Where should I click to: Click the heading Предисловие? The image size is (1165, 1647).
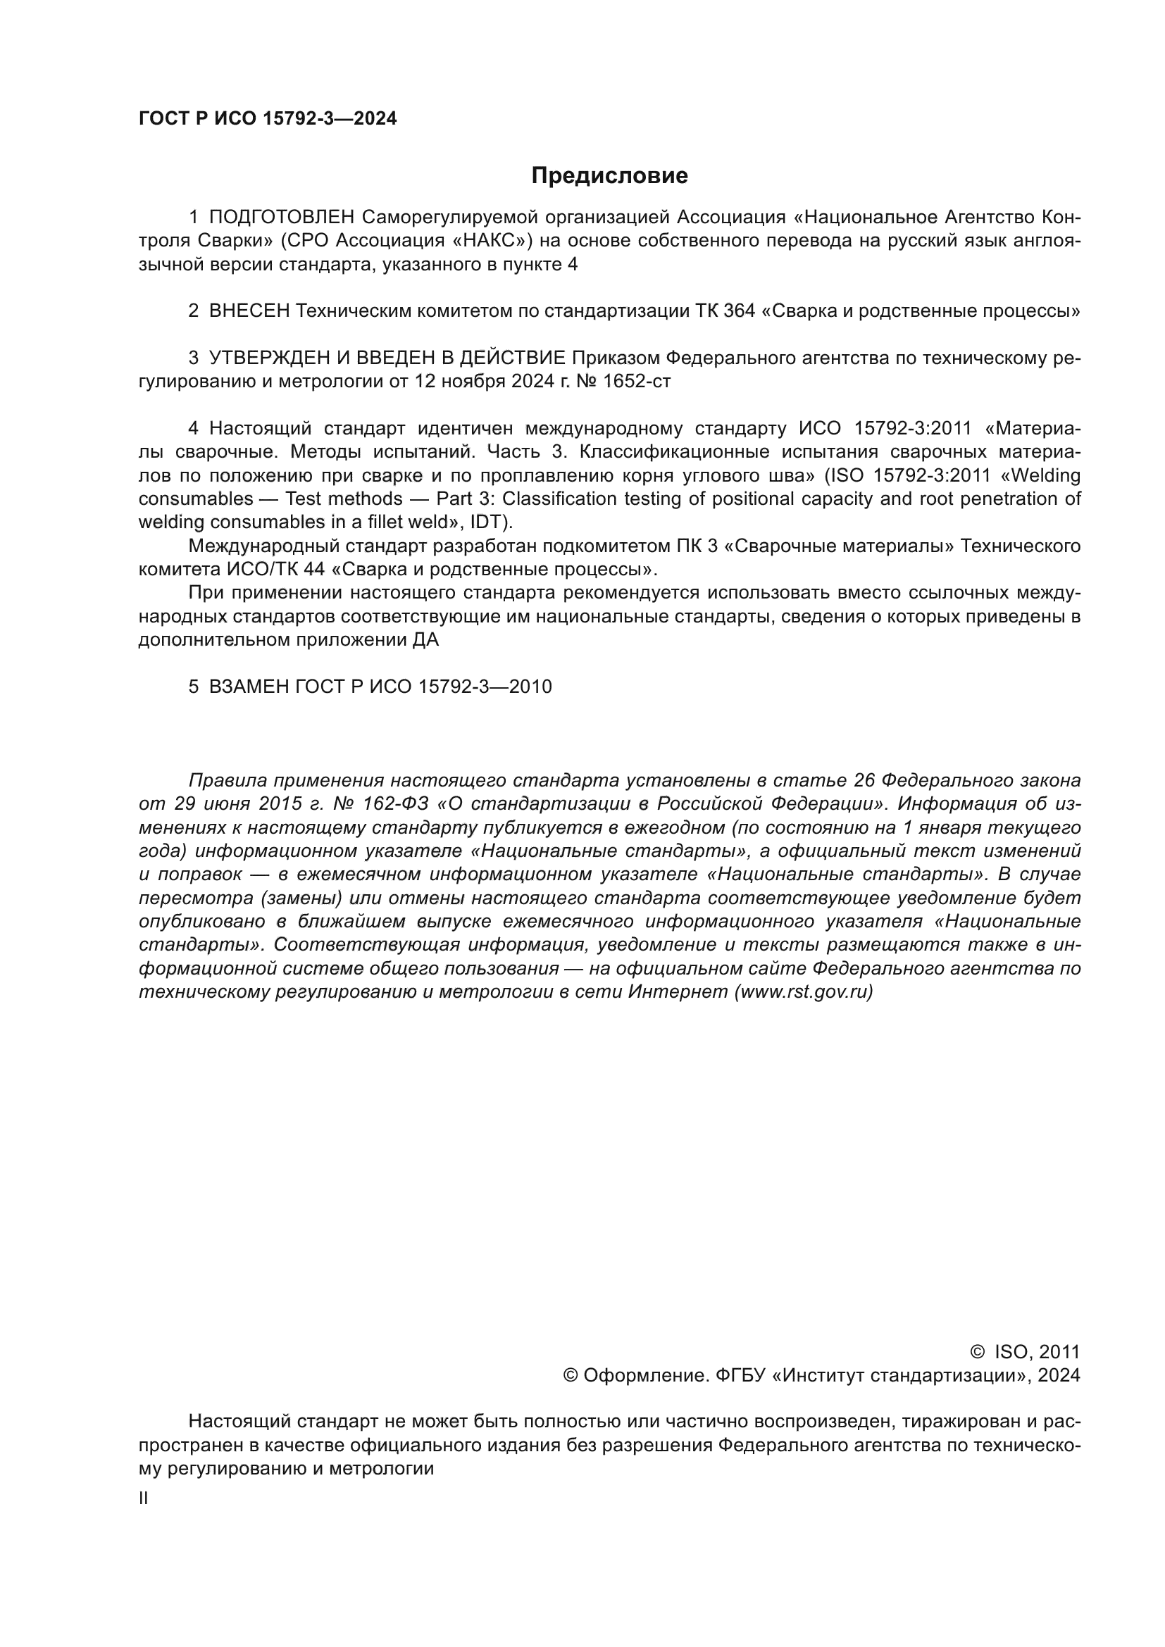pos(609,176)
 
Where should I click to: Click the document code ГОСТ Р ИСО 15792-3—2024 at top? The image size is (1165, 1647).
pos(268,119)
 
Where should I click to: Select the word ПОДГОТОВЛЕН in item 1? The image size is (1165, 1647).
pos(282,218)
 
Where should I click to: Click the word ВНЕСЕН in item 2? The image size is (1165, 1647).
pos(249,311)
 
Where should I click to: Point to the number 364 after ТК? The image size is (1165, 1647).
pos(740,311)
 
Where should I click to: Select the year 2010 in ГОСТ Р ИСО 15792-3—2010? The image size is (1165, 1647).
pos(530,687)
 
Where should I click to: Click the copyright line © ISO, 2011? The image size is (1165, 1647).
pos(1025,1352)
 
